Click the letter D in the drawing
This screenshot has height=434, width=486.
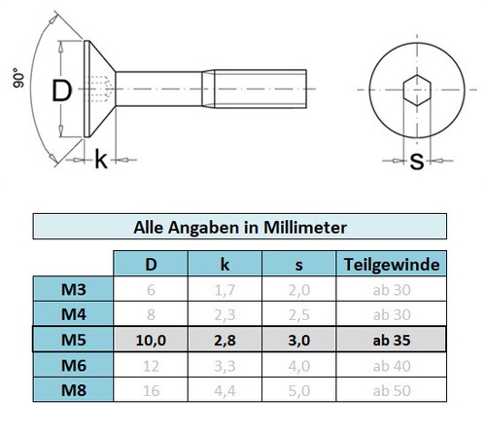point(61,91)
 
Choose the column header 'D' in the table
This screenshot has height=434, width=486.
point(151,264)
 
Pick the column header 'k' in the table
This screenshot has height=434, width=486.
point(226,264)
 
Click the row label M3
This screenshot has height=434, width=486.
point(73,289)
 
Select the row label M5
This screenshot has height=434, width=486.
point(73,340)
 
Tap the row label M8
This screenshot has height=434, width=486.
point(73,390)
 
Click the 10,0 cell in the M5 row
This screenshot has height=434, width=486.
point(151,340)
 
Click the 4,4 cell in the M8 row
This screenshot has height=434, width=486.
point(226,390)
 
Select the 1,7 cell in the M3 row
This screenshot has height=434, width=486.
point(226,289)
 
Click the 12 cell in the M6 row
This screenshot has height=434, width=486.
point(151,365)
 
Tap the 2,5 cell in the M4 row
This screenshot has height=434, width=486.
point(300,314)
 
